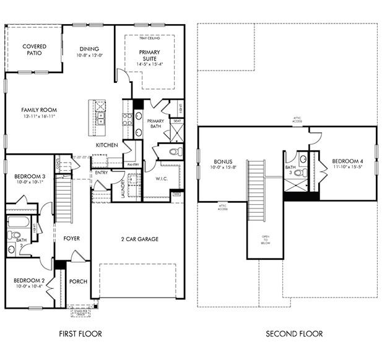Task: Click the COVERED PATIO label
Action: pos(34,50)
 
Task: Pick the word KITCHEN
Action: pos(106,145)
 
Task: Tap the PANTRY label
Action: pos(132,165)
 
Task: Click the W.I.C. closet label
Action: pos(163,179)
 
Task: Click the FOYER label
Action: pos(72,238)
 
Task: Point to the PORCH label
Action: pos(79,282)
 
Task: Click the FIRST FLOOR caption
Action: pos(80,334)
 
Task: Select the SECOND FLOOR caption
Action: pos(294,334)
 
